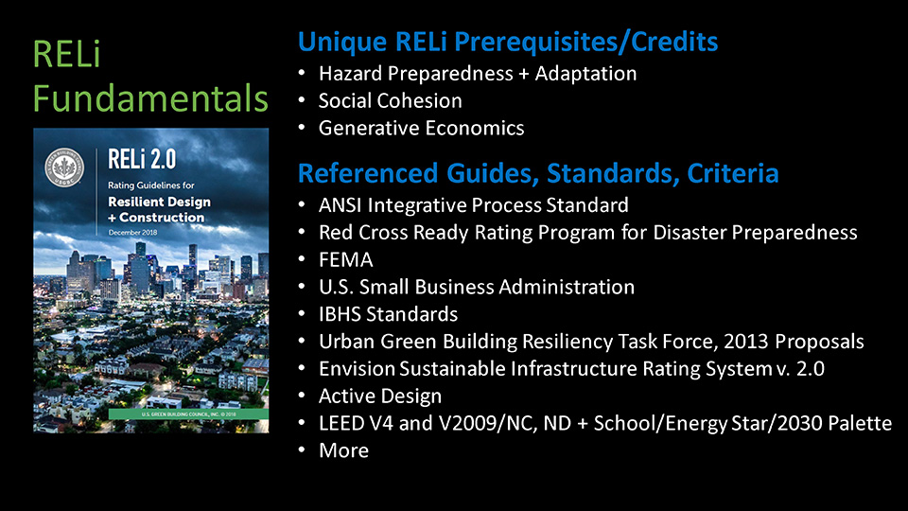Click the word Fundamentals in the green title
tap(150, 98)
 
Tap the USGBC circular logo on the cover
tap(64, 167)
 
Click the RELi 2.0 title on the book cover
tap(142, 159)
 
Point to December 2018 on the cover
tap(132, 233)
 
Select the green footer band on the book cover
tap(189, 414)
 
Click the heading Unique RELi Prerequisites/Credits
tap(508, 42)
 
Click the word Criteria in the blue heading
tap(732, 173)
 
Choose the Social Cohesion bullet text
tap(391, 101)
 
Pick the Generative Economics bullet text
tap(422, 128)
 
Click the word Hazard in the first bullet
tap(350, 74)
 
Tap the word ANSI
tap(340, 205)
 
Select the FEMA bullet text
tap(346, 259)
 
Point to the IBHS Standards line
tap(388, 314)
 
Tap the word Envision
tap(357, 368)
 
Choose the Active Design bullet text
tap(380, 396)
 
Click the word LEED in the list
tap(343, 424)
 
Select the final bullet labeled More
tap(343, 450)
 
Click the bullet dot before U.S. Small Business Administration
tap(302, 286)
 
